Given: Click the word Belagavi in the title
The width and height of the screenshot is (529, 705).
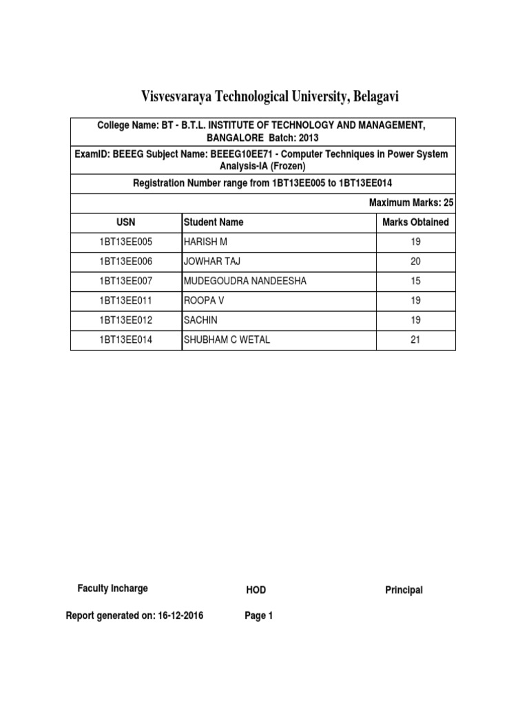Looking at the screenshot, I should [x=375, y=96].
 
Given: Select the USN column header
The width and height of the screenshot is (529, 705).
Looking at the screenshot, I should [x=126, y=222].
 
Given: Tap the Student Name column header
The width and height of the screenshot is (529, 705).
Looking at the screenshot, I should [x=213, y=222].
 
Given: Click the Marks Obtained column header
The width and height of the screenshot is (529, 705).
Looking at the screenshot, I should [x=415, y=222].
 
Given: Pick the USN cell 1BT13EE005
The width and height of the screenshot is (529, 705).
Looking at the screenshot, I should [x=126, y=242].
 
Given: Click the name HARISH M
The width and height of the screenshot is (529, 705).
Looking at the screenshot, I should [x=205, y=242].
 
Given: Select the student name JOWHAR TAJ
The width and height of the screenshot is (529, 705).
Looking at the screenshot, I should [x=211, y=262].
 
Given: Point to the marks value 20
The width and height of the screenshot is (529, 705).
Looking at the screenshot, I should [x=415, y=262].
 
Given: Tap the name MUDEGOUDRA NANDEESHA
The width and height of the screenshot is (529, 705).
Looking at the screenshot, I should [x=245, y=281].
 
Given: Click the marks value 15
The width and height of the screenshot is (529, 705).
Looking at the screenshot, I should [x=415, y=281].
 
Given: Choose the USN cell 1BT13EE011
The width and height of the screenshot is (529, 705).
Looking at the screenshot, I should [x=126, y=301].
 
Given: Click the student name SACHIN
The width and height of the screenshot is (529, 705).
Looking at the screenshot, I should [x=200, y=320].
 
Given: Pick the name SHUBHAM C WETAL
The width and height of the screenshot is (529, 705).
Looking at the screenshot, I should [x=227, y=339].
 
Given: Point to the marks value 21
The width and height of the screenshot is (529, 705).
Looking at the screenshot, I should [x=415, y=339].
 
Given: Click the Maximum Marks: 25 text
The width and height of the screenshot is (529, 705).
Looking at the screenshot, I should [x=411, y=203].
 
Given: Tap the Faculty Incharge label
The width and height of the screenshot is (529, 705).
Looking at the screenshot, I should [x=112, y=589].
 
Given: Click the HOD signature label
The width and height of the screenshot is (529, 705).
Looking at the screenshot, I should [x=256, y=590].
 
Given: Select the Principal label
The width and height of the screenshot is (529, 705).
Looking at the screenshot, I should [x=404, y=590].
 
